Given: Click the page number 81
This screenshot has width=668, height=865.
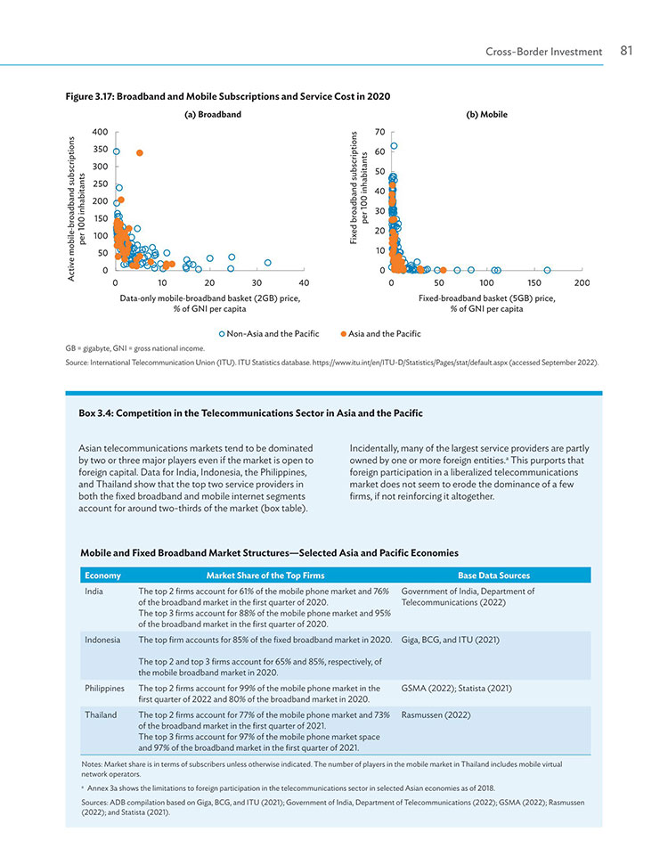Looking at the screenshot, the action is click(626, 51).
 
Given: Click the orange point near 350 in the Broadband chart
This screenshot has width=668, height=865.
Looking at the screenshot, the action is click(140, 153).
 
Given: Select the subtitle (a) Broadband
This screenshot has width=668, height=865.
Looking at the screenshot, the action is click(213, 115).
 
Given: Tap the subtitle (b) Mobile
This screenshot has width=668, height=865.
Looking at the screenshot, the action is click(486, 115).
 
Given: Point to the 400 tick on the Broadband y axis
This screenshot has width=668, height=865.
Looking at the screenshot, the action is click(101, 132).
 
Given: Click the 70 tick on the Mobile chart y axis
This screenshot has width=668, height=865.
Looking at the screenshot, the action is click(379, 132).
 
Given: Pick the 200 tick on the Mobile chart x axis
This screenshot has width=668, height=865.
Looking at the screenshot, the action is click(582, 283).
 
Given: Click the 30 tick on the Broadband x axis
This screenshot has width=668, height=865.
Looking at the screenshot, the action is click(257, 283).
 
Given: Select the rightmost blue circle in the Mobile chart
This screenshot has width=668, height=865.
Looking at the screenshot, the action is click(547, 270).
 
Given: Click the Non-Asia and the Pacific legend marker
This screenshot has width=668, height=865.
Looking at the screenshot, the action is click(222, 334).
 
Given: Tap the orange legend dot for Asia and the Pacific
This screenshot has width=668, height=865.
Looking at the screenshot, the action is click(344, 334).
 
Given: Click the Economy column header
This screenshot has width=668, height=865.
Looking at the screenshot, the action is click(102, 575).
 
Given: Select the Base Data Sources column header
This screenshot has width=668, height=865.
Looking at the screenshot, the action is click(493, 575).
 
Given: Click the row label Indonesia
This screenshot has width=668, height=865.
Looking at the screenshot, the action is click(102, 640).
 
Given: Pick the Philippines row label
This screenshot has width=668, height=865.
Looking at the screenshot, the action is click(104, 689).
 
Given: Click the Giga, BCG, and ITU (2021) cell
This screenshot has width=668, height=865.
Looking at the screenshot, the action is click(450, 640).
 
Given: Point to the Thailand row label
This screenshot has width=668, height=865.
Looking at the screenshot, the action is click(101, 715).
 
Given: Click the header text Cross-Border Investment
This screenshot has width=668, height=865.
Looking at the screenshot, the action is click(544, 52).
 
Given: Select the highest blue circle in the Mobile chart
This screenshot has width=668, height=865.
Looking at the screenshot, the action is click(394, 146).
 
